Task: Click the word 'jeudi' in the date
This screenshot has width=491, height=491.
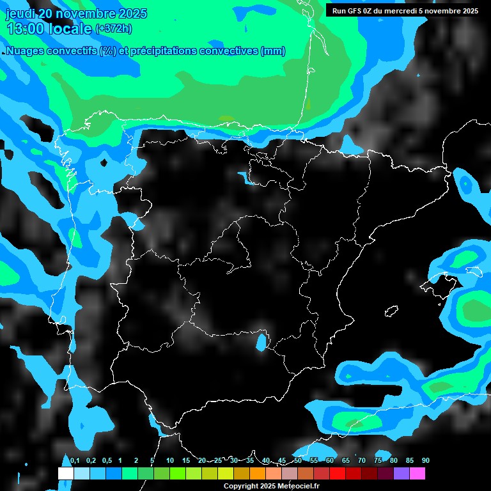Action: pyautogui.click(x=20, y=13)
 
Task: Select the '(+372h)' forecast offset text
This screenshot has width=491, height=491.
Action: pyautogui.click(x=113, y=29)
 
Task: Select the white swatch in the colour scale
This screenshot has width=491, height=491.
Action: pyautogui.click(x=65, y=474)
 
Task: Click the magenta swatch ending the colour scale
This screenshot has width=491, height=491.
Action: pyautogui.click(x=417, y=474)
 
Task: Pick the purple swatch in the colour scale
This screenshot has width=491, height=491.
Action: pyautogui.click(x=401, y=474)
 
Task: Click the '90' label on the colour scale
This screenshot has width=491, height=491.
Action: pyautogui.click(x=425, y=461)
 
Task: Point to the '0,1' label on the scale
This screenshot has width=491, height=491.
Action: pyautogui.click(x=75, y=461)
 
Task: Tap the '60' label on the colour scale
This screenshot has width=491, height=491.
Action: pyautogui.click(x=329, y=461)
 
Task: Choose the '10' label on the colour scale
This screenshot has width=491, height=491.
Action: pyautogui.click(x=169, y=461)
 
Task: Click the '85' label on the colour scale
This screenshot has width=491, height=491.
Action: pyautogui.click(x=409, y=461)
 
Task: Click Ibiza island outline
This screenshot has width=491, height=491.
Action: pyautogui.click(x=391, y=311)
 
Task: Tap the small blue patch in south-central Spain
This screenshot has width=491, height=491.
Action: pyautogui.click(x=261, y=342)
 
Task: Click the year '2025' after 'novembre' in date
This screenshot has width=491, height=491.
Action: pyautogui.click(x=132, y=13)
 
